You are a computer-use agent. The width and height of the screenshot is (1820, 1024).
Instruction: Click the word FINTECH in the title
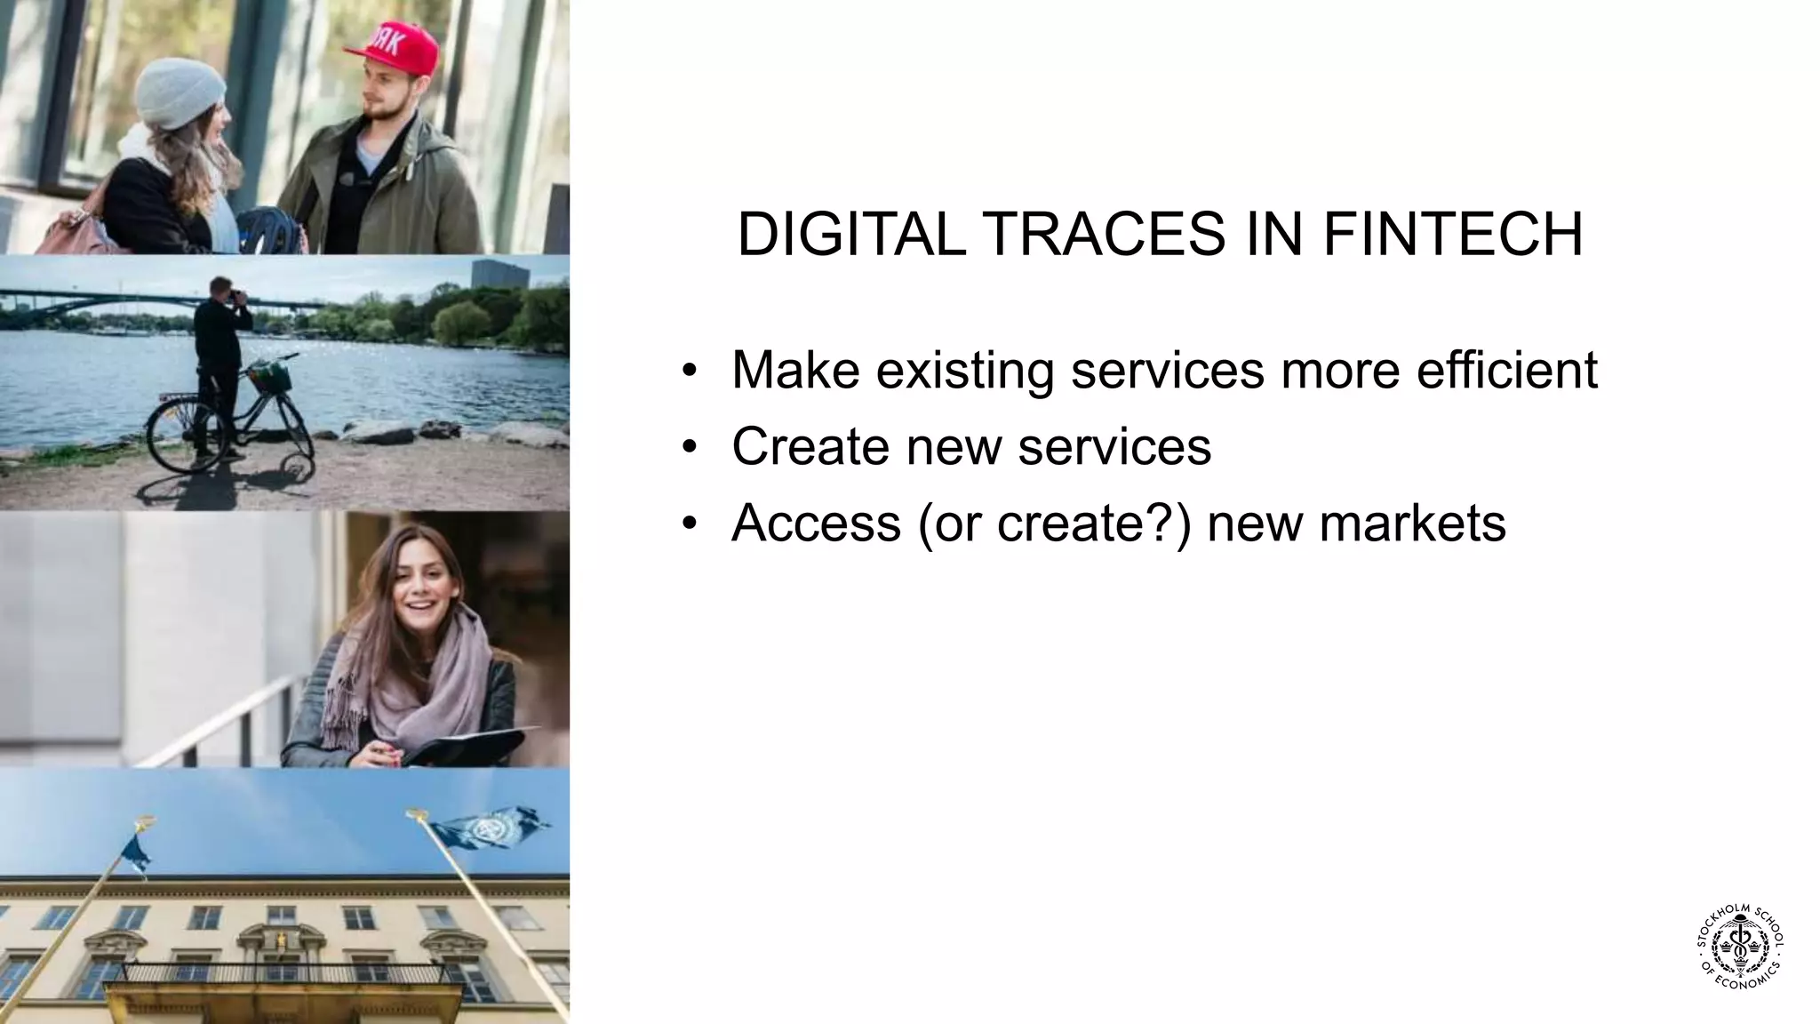pos(1452,236)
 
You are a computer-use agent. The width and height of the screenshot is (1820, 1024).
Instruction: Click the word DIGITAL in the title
pos(850,236)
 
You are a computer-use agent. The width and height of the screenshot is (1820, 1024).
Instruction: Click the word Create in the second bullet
pos(810,446)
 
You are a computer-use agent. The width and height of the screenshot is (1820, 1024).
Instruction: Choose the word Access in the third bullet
pos(816,523)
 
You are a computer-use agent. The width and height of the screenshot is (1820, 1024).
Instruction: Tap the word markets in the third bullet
pos(1412,523)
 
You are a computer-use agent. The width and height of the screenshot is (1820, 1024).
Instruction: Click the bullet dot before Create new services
pos(688,446)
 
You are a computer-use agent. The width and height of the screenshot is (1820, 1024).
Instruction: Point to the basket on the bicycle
pos(270,377)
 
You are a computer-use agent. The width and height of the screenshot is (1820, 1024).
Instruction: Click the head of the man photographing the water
pos(220,290)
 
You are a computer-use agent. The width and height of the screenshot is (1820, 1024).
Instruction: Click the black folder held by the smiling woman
pos(471,745)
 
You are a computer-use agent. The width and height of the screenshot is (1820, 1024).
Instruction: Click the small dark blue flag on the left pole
pos(136,852)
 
